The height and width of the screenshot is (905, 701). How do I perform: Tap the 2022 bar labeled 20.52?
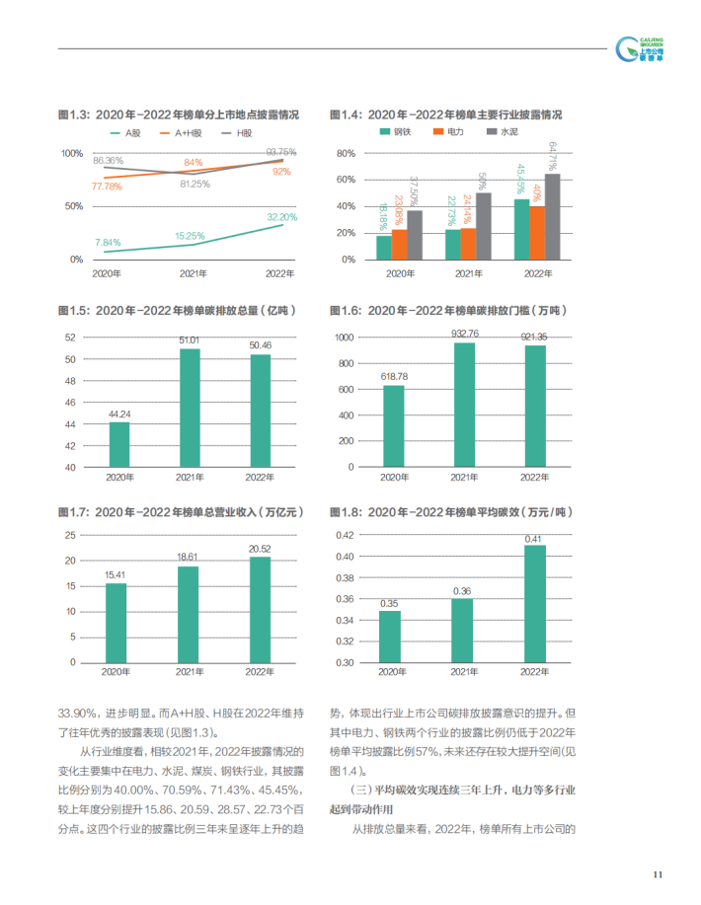260,613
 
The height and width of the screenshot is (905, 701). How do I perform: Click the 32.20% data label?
281,216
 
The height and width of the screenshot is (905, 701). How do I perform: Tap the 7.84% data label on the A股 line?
108,242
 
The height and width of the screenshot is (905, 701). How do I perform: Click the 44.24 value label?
118,415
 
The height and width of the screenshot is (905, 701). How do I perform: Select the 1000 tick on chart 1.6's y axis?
344,338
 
